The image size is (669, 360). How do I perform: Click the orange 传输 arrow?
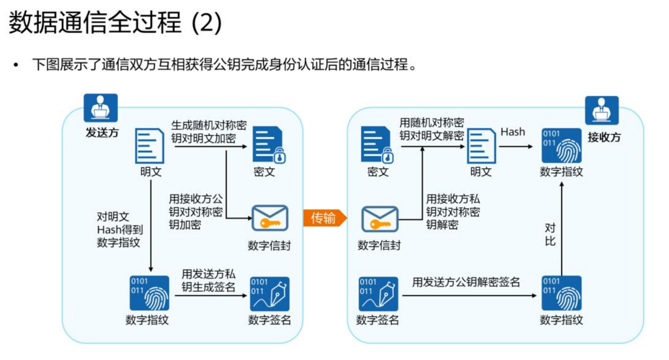[x=325, y=218]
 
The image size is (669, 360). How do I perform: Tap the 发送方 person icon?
[x=101, y=108]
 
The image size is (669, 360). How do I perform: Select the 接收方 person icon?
[x=602, y=110]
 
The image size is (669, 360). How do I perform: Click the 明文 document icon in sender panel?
[x=149, y=146]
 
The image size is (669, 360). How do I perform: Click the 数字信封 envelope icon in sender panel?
[x=270, y=218]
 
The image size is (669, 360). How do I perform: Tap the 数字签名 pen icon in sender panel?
[x=270, y=294]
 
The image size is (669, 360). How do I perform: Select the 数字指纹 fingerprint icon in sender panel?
[x=149, y=293]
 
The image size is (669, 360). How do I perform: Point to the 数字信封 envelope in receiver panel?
[x=380, y=219]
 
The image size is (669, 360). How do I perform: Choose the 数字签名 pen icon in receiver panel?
[x=378, y=294]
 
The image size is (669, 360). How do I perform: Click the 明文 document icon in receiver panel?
[x=481, y=146]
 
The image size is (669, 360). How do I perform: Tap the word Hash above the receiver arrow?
[x=512, y=132]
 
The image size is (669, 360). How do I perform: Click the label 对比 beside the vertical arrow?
[x=550, y=234]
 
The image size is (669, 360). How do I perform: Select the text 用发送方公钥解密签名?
[x=466, y=282]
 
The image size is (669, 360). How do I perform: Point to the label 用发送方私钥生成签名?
[x=208, y=280]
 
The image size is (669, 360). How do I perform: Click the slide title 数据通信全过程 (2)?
[x=115, y=22]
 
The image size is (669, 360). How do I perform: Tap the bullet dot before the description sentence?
[x=16, y=65]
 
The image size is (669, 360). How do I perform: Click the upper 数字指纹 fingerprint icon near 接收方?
[x=561, y=146]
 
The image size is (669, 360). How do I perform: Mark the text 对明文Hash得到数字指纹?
[x=119, y=229]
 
